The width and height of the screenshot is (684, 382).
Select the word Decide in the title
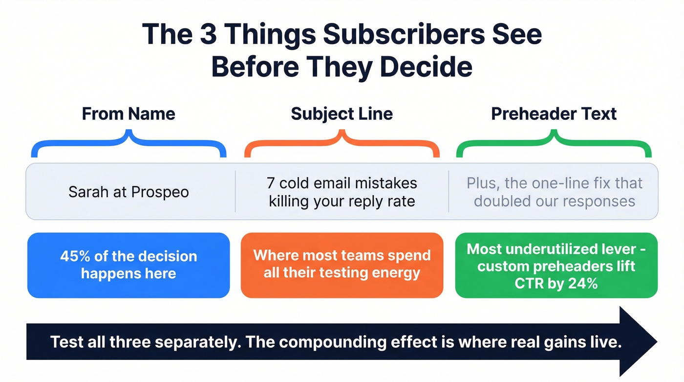427,67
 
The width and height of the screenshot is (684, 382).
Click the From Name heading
128,114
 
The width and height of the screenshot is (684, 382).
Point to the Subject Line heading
342,114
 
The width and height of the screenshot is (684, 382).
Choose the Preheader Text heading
554,114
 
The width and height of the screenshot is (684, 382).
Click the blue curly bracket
128,145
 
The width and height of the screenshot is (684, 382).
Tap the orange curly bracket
342,145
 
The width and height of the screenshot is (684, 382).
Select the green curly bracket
554,145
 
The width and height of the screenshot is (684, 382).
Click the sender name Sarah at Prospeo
128,192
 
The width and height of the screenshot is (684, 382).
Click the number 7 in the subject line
271,183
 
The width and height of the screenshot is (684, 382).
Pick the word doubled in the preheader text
501,201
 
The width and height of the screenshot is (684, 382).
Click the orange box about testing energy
342,265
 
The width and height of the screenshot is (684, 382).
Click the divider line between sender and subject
235,191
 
